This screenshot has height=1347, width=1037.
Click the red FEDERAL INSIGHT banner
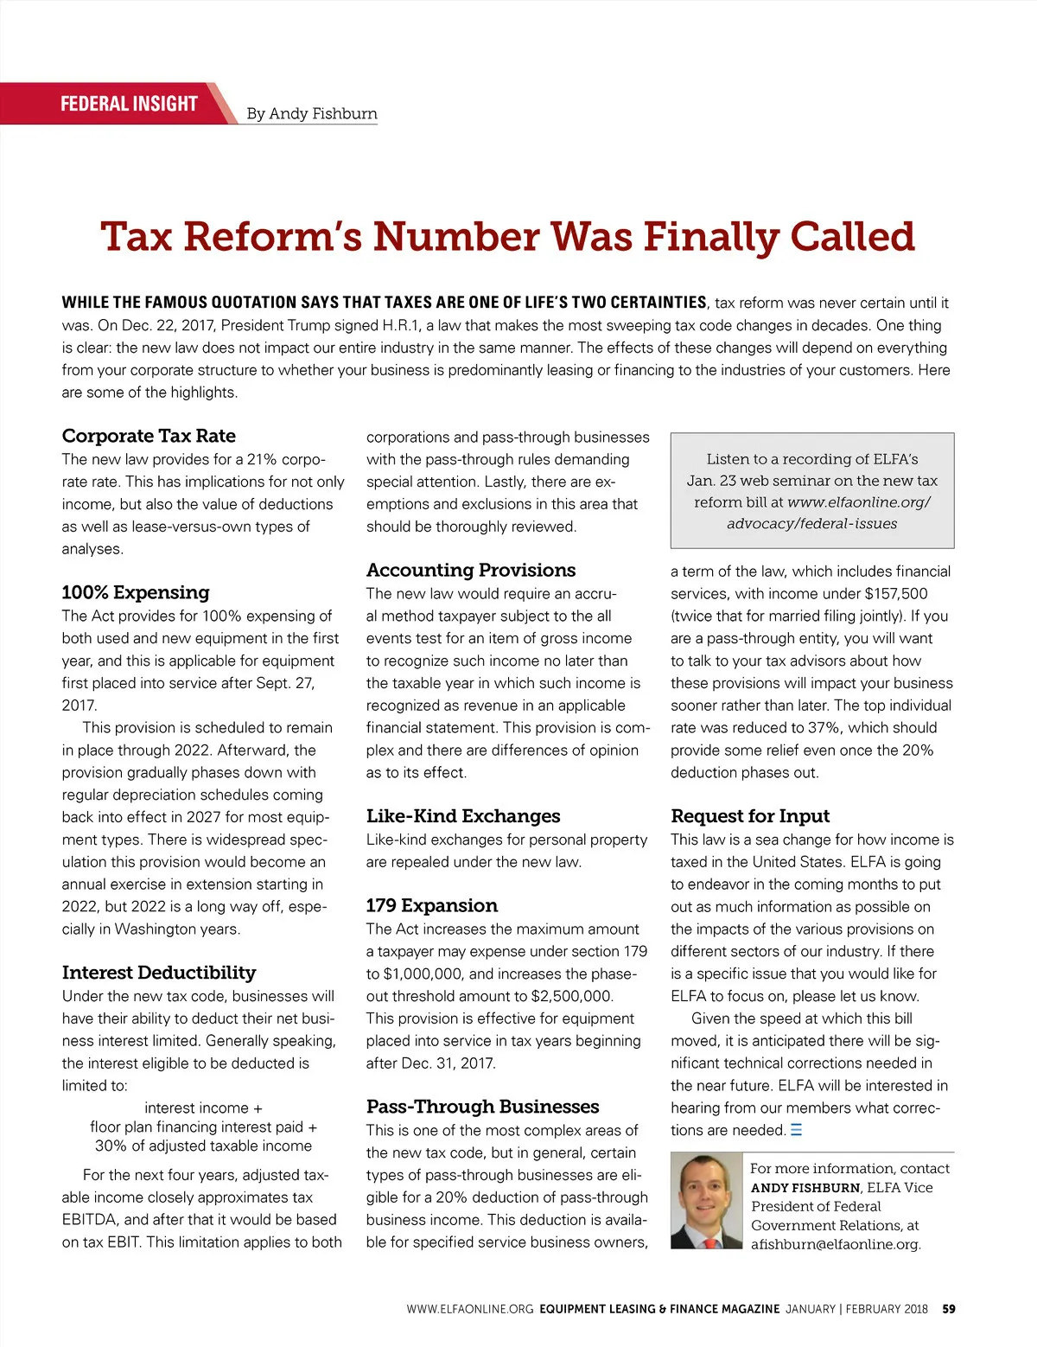tap(129, 104)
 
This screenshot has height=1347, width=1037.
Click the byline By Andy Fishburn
tap(312, 113)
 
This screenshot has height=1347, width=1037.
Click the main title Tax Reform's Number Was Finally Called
tap(507, 237)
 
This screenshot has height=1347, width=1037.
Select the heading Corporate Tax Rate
tap(149, 436)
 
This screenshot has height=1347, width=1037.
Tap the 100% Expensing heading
tap(136, 592)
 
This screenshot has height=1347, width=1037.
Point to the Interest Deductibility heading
tap(159, 973)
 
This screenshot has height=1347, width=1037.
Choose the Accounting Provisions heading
tap(471, 570)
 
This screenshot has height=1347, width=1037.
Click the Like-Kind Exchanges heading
tap(463, 816)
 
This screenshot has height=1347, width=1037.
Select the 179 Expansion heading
tap(432, 905)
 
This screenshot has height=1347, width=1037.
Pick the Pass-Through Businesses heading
tap(482, 1107)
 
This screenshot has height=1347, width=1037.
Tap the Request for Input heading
tap(750, 816)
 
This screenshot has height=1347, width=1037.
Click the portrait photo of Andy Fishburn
tap(706, 1201)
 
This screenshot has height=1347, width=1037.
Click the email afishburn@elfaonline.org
tap(836, 1245)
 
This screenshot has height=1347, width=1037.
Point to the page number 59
tap(949, 1309)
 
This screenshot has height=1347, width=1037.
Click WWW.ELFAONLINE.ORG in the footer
tap(470, 1309)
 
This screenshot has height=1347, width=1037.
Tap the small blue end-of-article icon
tap(796, 1130)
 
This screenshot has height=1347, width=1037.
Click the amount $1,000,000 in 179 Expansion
tap(423, 974)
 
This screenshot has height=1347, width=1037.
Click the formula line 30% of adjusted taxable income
tap(203, 1146)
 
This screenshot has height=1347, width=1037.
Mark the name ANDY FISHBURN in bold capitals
tap(805, 1188)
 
